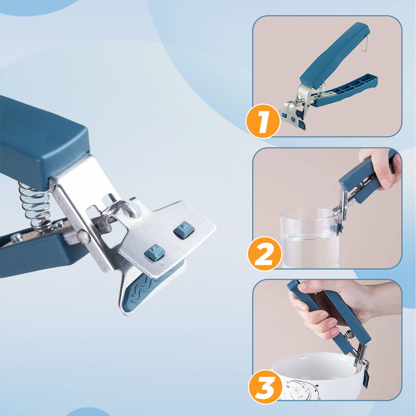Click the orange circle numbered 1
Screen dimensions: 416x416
(x=263, y=121)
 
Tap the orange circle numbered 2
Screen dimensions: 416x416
(x=265, y=253)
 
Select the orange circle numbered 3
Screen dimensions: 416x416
(x=266, y=387)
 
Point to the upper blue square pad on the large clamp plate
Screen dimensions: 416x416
(x=184, y=229)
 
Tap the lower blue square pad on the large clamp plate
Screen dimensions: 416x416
(x=154, y=252)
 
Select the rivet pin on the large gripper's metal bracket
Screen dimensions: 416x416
(x=84, y=237)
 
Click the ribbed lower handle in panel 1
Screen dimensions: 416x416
(x=345, y=89)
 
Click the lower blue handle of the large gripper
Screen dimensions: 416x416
(x=40, y=252)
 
